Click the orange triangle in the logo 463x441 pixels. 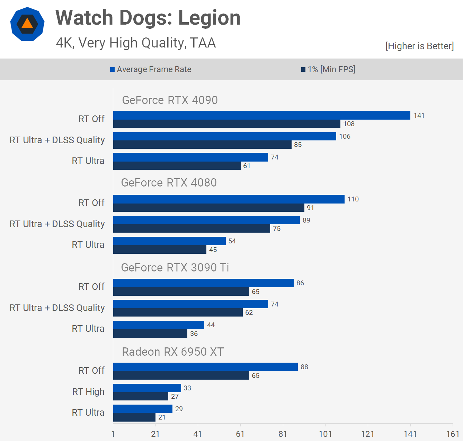pyautogui.click(x=27, y=24)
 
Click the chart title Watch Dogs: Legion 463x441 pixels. pyautogui.click(x=148, y=18)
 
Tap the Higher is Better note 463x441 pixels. pyautogui.click(x=419, y=46)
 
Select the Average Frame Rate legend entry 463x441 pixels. pyautogui.click(x=151, y=69)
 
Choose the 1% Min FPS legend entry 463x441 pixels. pyautogui.click(x=328, y=69)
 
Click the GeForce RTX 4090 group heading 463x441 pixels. pyautogui.click(x=170, y=100)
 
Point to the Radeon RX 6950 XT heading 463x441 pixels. pyautogui.click(x=173, y=352)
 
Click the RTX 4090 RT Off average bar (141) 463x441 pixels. pyautogui.click(x=261, y=115)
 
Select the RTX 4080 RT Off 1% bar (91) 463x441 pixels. pyautogui.click(x=208, y=208)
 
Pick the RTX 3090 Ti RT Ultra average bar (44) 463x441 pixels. pyautogui.click(x=159, y=325)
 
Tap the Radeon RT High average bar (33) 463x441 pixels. pyautogui.click(x=147, y=388)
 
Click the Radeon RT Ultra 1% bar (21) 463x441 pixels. pyautogui.click(x=134, y=417)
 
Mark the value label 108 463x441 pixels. pyautogui.click(x=349, y=124)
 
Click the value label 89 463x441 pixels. pyautogui.click(x=306, y=220)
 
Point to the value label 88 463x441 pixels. pyautogui.click(x=304, y=367)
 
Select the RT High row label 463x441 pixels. pyautogui.click(x=88, y=392)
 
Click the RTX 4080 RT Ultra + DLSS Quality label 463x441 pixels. pyautogui.click(x=57, y=224)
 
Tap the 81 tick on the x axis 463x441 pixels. pyautogui.click(x=283, y=434)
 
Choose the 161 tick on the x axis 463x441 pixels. pyautogui.click(x=453, y=434)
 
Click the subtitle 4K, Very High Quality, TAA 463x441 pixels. pyautogui.click(x=136, y=43)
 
